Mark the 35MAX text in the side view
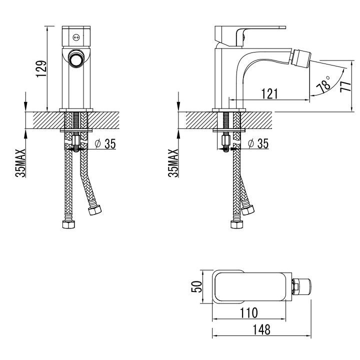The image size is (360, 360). pos(173,162)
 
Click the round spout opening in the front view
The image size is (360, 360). pos(76,59)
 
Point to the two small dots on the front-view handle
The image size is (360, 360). pos(76,36)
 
